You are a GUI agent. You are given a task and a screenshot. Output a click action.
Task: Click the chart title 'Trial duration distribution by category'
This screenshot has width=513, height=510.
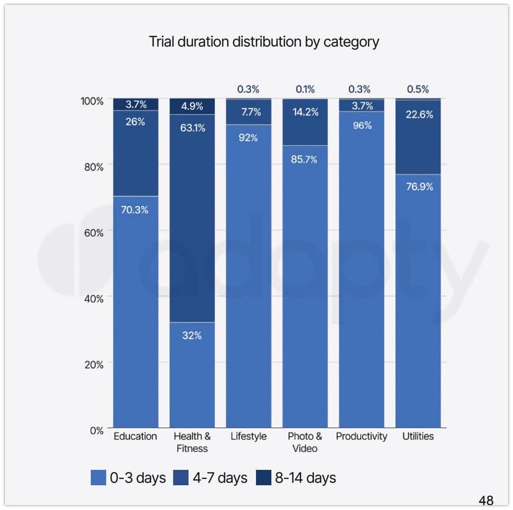[x=264, y=42]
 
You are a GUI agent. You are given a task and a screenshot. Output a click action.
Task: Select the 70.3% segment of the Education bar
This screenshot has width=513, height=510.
[x=135, y=310]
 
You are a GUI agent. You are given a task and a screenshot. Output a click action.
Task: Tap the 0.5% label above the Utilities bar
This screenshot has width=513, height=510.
[x=418, y=89]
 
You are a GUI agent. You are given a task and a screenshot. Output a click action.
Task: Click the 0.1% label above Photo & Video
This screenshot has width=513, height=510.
[x=305, y=89]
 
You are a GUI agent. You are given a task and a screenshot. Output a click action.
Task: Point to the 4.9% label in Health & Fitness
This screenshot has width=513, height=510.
[x=192, y=106]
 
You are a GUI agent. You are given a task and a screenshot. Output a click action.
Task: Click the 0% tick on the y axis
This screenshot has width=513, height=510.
[x=97, y=430]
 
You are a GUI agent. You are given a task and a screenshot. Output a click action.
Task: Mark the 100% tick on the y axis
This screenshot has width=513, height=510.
[x=92, y=100]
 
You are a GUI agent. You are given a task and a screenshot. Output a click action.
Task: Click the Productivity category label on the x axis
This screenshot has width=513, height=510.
[x=361, y=436]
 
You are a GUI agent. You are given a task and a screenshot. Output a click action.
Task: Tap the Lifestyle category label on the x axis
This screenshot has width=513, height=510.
[x=248, y=436]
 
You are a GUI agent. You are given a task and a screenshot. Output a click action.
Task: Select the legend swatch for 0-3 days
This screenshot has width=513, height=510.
[x=98, y=478]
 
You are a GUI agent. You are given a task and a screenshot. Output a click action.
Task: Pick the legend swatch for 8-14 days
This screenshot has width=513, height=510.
[x=263, y=478]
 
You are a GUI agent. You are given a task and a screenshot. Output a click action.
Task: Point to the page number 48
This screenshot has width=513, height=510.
[x=486, y=500]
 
